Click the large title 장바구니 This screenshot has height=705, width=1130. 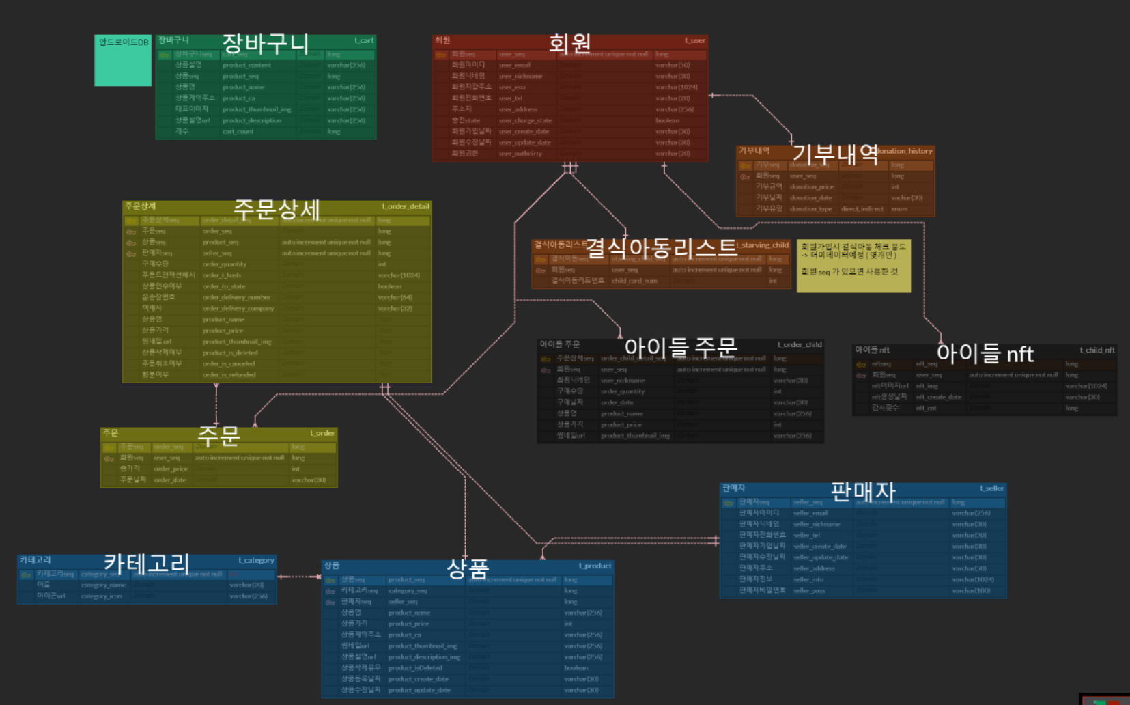[x=266, y=44]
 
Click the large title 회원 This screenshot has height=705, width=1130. [x=569, y=43]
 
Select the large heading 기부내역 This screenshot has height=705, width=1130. [x=835, y=154]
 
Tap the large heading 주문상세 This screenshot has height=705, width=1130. [x=277, y=209]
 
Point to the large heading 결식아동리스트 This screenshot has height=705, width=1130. [x=662, y=247]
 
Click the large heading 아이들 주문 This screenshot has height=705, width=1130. [x=681, y=347]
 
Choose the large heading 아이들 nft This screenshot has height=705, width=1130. [x=985, y=353]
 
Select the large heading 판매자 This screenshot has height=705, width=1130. [x=863, y=490]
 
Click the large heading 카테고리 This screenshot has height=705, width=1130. [x=147, y=564]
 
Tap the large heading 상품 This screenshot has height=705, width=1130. [x=468, y=568]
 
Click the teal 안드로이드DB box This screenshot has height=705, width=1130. [x=123, y=61]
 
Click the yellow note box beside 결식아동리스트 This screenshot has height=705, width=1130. [x=853, y=266]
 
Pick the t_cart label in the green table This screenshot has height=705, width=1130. [x=364, y=40]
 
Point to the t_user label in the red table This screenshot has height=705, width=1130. [x=694, y=40]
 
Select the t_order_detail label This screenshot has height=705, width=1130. [x=406, y=206]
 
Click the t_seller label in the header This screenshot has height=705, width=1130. [x=991, y=488]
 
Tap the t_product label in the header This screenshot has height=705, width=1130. [x=595, y=566]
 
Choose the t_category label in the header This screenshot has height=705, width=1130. [x=256, y=560]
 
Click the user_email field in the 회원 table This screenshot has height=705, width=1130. [x=515, y=65]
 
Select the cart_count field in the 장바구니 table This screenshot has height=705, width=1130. [x=238, y=131]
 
